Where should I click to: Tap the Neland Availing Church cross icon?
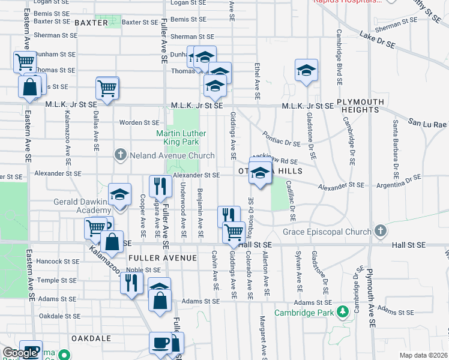tap(120, 155)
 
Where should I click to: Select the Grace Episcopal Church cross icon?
tap(379, 232)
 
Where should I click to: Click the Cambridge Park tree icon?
tap(342, 312)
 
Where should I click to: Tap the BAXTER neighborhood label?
tap(91, 23)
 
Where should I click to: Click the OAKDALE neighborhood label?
tap(91, 338)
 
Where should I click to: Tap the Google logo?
tap(20, 353)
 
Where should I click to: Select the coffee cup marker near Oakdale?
tap(160, 343)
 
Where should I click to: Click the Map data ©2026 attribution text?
tap(423, 355)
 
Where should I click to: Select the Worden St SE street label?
tap(139, 122)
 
